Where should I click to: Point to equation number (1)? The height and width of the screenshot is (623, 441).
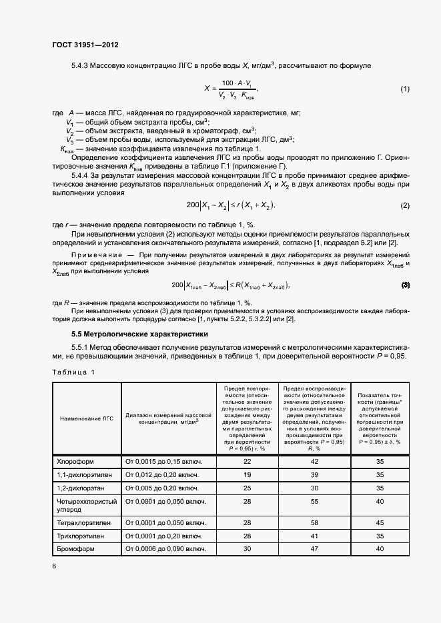(404, 89)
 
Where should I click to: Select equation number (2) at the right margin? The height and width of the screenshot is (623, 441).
(404, 205)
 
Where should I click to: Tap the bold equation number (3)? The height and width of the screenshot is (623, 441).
(404, 285)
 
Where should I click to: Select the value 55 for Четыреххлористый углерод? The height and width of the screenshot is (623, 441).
(314, 501)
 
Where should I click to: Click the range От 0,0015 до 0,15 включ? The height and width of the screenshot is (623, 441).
(163, 461)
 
